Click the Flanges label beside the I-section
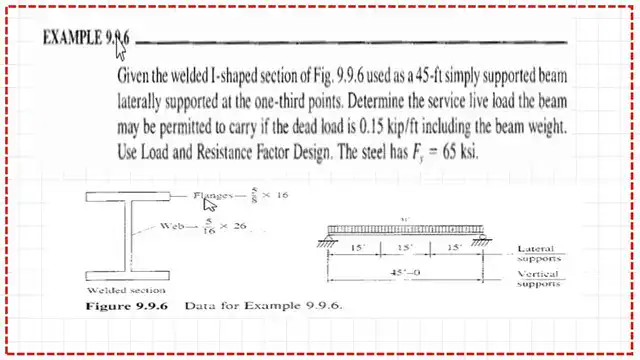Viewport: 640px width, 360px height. [x=216, y=195]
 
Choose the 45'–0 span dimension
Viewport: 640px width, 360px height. [x=406, y=270]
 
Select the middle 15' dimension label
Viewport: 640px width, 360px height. [x=405, y=246]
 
